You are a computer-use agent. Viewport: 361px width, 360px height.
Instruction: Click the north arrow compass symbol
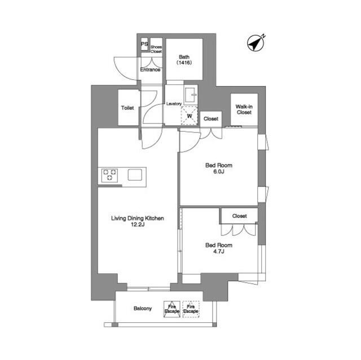pos(256,43)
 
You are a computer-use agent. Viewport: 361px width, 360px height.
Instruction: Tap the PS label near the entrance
pos(144,44)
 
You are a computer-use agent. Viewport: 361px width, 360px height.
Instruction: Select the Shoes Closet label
pos(156,49)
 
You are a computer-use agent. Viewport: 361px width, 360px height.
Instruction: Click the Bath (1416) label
pos(184,60)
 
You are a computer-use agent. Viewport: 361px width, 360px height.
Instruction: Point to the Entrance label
pos(151,70)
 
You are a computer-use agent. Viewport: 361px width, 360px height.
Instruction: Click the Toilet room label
pos(127,108)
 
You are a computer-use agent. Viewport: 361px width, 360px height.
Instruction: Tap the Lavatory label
pos(174,104)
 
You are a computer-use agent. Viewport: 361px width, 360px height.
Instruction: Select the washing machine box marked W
pos(190,116)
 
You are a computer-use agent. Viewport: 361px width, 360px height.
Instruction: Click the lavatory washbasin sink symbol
pos(191,95)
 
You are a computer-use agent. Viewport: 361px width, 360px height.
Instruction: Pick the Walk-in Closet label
pos(244,109)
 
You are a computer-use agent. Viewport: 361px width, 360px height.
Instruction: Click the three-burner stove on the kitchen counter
pos(110,175)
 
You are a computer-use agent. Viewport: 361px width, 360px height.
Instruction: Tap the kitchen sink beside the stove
pos(135,175)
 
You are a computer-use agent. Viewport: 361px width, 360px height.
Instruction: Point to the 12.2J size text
pos(138,225)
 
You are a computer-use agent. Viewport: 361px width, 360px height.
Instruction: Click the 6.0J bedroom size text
pos(219,171)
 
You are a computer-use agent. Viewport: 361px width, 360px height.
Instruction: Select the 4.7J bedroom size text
pos(219,251)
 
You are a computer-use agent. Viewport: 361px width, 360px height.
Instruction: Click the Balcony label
pos(143,308)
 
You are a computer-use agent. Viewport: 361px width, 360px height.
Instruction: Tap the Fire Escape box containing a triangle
pos(171,309)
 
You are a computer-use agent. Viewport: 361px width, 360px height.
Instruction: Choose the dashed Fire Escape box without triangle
pos(191,309)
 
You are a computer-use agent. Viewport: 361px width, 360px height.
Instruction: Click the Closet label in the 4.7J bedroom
pos(239,216)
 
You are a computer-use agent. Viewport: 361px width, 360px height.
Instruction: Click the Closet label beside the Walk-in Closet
pos(211,119)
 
